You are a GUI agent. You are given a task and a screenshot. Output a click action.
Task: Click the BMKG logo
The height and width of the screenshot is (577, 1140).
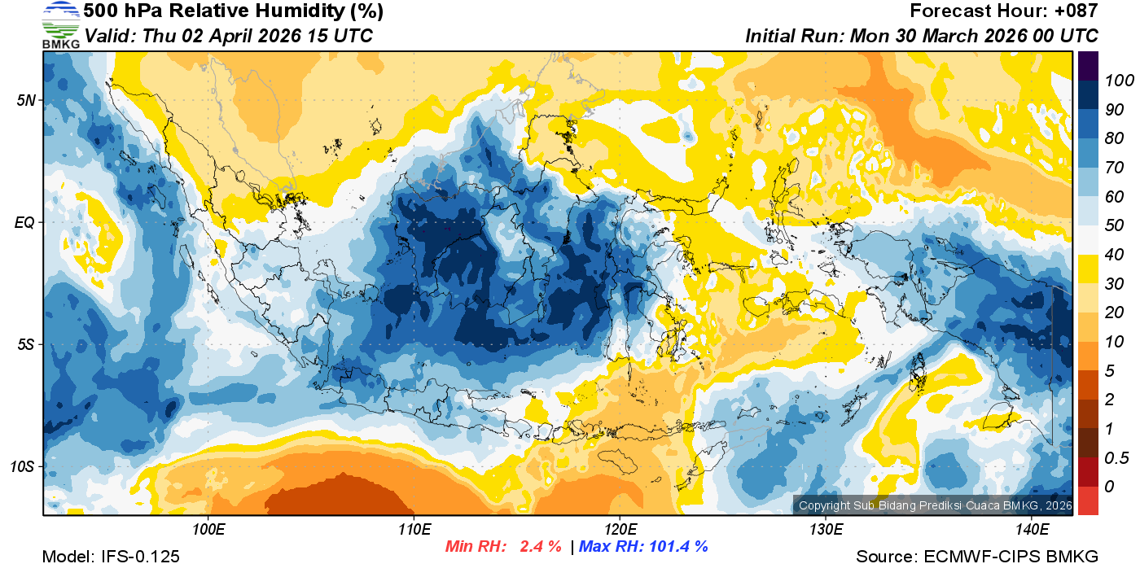[x=61, y=24]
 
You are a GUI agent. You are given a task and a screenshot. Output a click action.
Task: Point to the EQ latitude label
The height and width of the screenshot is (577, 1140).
[x=26, y=222]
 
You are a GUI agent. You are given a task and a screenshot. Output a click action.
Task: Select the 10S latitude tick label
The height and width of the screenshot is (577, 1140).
[x=24, y=466]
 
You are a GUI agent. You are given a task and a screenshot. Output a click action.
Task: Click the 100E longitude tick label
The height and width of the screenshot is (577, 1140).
[x=208, y=529]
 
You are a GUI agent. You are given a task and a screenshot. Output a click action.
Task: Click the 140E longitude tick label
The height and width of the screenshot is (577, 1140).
[x=1032, y=529]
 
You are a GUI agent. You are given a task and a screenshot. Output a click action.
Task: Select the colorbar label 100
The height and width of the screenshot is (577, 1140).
[x=1114, y=81]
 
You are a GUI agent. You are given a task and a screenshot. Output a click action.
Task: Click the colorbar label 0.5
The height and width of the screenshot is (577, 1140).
[x=1114, y=457]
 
